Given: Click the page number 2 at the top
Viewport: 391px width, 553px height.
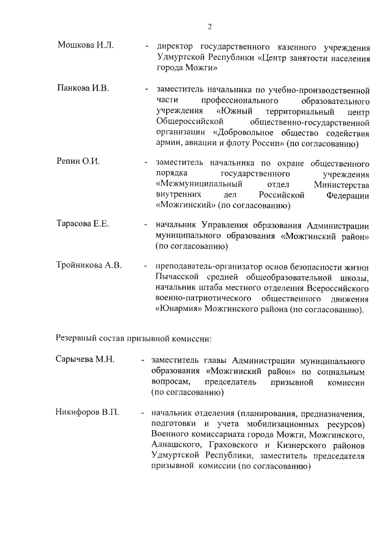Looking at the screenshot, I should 210,26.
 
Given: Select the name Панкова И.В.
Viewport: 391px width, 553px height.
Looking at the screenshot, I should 83,89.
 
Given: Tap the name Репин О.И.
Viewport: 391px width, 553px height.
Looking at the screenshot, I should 78,162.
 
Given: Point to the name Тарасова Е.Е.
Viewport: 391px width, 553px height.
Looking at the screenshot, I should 83,224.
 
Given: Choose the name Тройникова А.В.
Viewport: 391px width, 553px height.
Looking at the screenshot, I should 89,265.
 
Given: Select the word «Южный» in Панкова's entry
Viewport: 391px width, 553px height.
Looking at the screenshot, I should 236,111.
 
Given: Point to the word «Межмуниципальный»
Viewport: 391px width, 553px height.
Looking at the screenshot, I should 199,184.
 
